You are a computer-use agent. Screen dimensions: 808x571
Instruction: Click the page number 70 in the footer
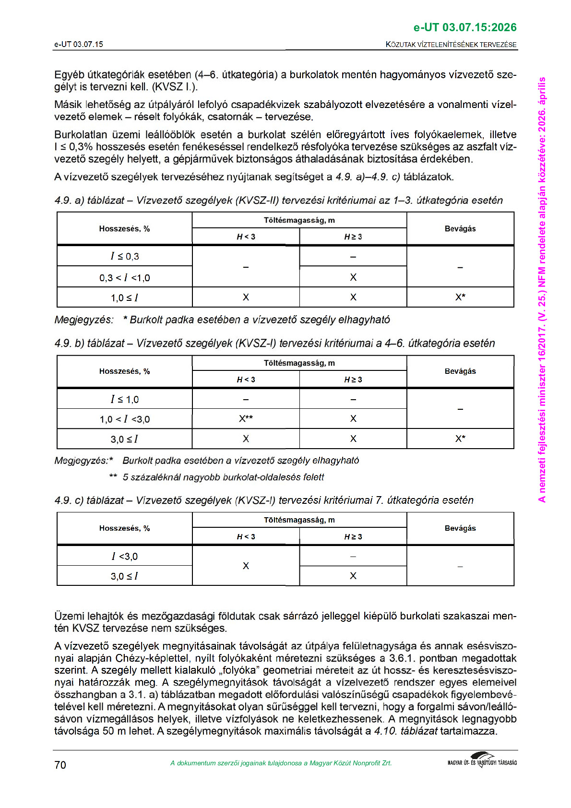pos(60,765)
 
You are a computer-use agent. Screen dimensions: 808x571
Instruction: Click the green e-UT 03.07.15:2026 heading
pos(465,27)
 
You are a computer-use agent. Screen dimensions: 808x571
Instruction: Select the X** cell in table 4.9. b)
pos(246,418)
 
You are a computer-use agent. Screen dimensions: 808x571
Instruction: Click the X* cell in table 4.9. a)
pos(460,297)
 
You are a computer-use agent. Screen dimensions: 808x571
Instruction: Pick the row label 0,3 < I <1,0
pos(125,278)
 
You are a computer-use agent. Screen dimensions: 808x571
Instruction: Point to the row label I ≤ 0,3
pos(125,256)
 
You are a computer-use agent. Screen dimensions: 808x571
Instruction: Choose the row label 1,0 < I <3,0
pos(125,419)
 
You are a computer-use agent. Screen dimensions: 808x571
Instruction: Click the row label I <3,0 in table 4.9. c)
pos(125,556)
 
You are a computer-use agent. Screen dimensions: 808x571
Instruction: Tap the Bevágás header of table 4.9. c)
pos(460,528)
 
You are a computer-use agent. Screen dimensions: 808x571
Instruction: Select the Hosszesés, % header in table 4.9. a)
pos(125,229)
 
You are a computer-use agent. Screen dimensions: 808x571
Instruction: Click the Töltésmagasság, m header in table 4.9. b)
pos(299,363)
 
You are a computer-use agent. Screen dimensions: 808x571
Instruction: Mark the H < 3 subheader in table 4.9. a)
pos(246,237)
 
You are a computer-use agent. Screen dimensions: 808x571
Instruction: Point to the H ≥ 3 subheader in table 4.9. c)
pos(353,536)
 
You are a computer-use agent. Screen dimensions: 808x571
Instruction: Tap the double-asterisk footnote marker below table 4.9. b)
pos(113,476)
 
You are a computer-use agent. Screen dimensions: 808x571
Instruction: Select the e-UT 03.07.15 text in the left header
pos(79,44)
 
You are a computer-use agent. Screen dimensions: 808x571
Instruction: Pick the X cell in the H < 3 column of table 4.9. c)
pos(246,566)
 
